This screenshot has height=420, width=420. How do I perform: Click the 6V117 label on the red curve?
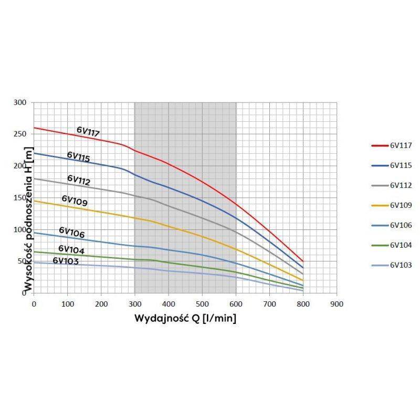pos(88,132)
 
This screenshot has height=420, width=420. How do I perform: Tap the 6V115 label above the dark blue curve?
pos(78,156)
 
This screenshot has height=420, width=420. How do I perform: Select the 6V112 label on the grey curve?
pos(79,181)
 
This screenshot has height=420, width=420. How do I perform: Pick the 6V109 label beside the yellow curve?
pos(75,201)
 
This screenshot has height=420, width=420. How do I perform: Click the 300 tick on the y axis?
pos(19,102)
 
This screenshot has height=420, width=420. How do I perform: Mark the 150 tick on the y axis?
pos(19,197)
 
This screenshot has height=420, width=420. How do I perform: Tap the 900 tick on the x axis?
pos(337,303)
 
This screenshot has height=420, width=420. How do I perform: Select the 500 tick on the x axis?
pos(202,303)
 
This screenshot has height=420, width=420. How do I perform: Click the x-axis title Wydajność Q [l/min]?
pos(185,318)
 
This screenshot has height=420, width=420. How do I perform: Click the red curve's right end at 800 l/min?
pos(303,261)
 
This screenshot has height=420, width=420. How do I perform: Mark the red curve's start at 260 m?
pos(34,128)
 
